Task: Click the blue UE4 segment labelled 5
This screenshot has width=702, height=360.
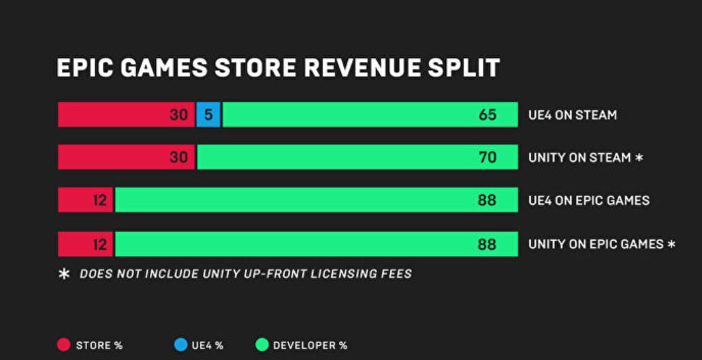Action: [208, 115]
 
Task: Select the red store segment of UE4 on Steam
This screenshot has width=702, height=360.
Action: [126, 115]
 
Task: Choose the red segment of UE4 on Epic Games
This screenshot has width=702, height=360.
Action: [85, 200]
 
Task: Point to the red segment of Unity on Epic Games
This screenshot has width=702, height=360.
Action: [85, 244]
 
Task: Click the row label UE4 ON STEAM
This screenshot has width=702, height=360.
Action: [572, 115]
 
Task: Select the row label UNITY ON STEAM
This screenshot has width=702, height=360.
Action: [579, 158]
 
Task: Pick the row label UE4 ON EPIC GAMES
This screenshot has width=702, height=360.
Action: [589, 201]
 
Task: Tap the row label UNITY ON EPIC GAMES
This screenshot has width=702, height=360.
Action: [596, 244]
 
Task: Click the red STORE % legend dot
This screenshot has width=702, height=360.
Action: [64, 345]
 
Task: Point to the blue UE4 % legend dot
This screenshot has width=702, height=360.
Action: [180, 345]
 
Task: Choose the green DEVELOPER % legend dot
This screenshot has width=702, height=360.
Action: [261, 345]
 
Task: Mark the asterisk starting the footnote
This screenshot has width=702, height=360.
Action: [65, 274]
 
